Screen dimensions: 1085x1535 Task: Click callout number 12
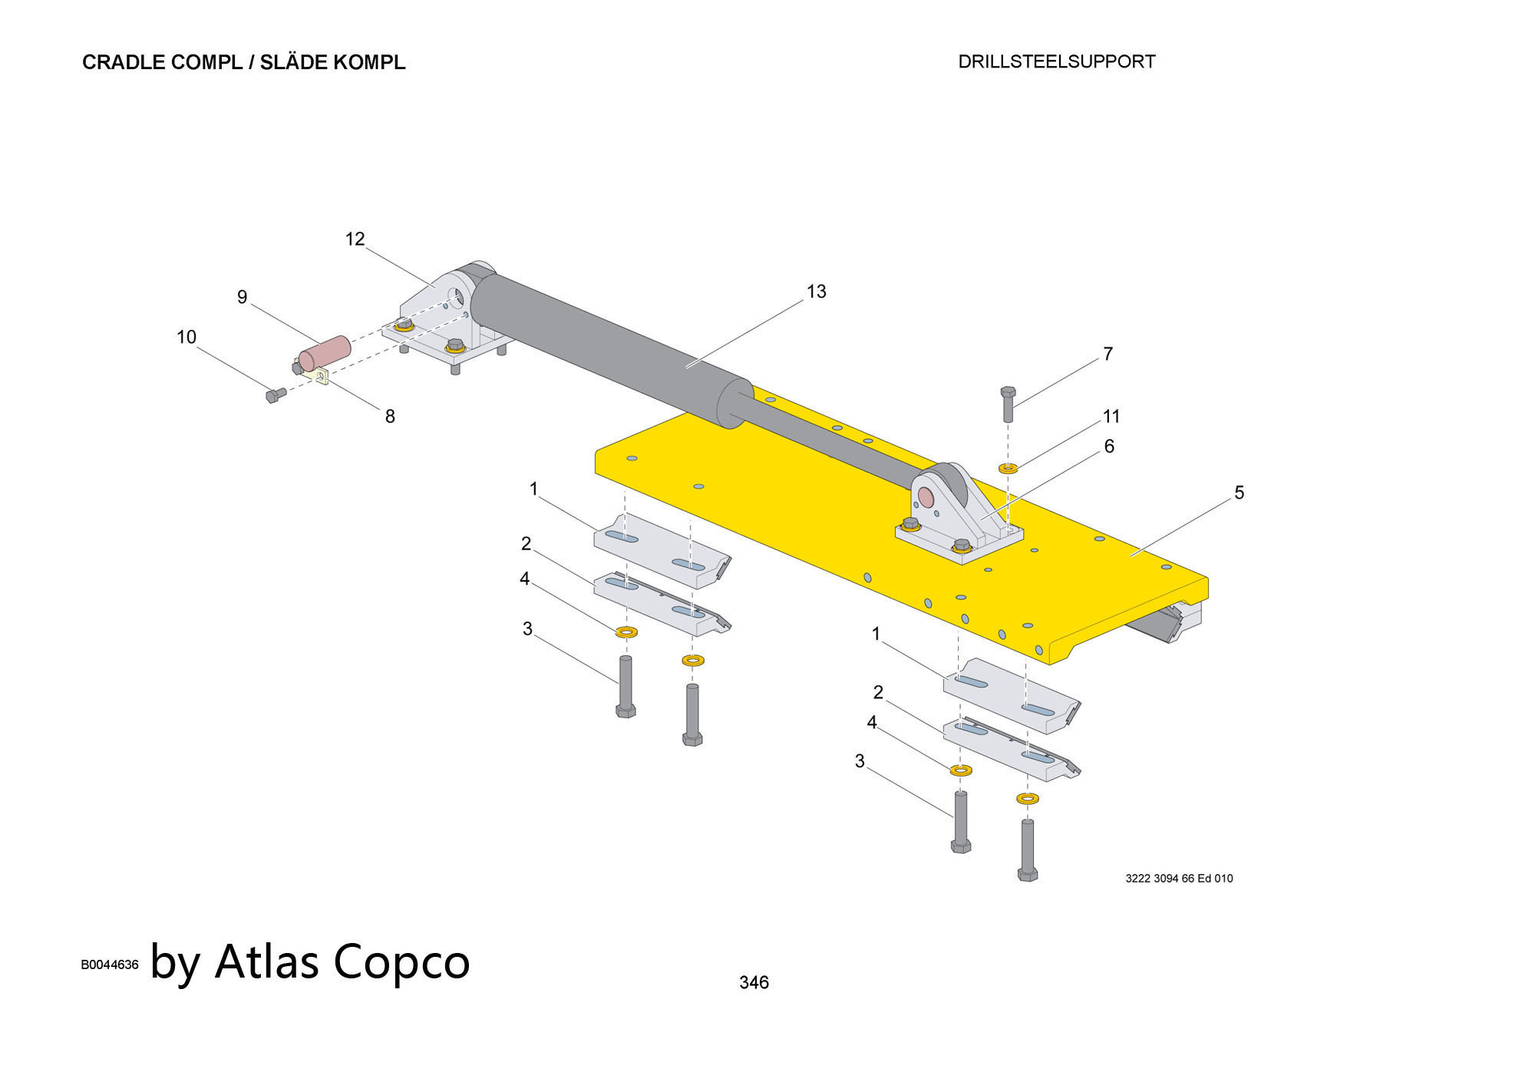click(355, 239)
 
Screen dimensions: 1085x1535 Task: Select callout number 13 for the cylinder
click(816, 292)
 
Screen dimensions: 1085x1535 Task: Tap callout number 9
click(242, 297)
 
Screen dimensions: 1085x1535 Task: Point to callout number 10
click(187, 337)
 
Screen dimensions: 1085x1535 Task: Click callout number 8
click(390, 417)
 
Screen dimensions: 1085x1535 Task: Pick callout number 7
click(1108, 355)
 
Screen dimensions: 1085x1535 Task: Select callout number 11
click(1111, 417)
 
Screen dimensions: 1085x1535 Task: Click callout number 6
click(1108, 447)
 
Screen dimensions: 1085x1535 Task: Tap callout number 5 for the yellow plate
click(1239, 493)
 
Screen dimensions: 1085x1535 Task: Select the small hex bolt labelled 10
click(275, 396)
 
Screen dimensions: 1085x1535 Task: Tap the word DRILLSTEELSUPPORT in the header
click(1056, 62)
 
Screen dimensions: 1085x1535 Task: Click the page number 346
click(754, 982)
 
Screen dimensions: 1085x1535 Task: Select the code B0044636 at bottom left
click(110, 965)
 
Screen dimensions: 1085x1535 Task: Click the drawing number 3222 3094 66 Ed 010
click(1179, 879)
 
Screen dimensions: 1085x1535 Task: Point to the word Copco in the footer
click(401, 961)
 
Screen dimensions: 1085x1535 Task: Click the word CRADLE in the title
click(124, 63)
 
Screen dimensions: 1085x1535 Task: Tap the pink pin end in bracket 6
click(926, 499)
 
